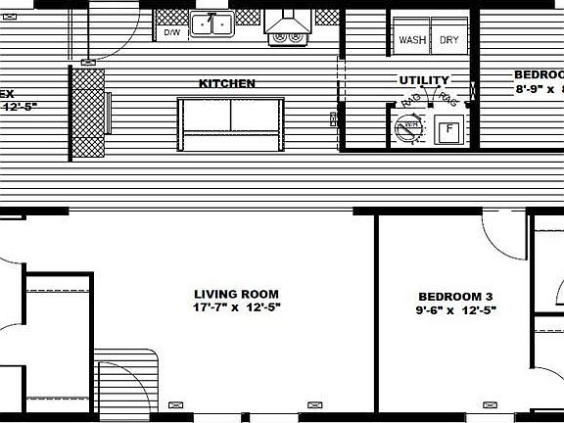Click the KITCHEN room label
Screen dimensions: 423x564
pos(227,84)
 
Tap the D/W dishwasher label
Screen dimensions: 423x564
pos(171,32)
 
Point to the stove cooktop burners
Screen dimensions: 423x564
pos(287,36)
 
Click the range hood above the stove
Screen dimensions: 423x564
pos(288,19)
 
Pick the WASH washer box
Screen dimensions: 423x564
pos(411,40)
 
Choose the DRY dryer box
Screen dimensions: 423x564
pos(448,40)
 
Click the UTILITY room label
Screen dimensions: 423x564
pos(423,80)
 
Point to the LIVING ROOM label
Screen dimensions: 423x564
pos(236,294)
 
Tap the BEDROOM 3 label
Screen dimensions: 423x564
pos(455,297)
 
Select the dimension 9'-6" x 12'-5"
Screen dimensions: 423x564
pos(455,311)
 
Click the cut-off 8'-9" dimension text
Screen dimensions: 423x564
pos(539,89)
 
